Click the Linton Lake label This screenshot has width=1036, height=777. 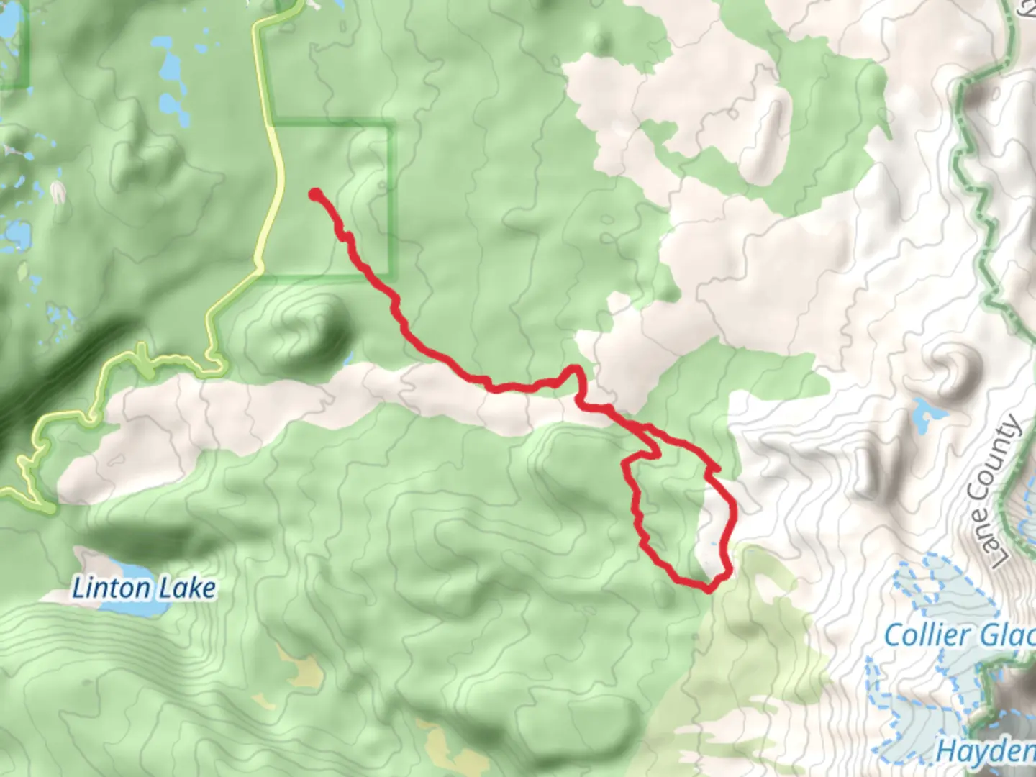(144, 589)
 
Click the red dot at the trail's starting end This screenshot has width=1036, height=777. (315, 194)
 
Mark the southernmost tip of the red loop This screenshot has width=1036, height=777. (709, 589)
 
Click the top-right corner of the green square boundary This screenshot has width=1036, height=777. (392, 124)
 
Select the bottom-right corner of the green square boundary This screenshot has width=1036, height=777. (392, 276)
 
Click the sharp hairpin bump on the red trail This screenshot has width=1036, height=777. (575, 371)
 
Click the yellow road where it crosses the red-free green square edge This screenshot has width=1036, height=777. (271, 121)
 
